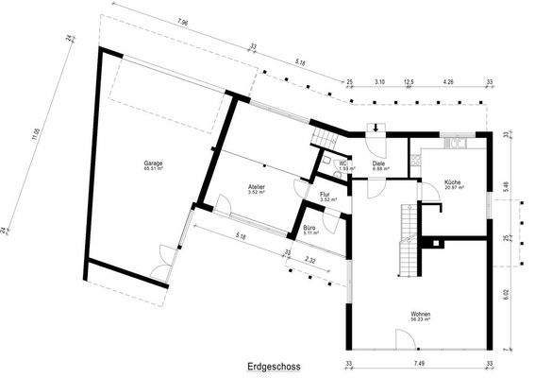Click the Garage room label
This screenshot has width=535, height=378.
coord(153,163)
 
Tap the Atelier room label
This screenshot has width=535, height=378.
coord(257,187)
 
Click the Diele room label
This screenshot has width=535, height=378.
coord(378,163)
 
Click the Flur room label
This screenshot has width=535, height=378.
coord(325,194)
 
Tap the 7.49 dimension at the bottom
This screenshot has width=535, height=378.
coord(419,364)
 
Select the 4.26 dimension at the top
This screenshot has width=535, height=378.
coord(448,82)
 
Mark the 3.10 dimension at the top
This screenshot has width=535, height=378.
coord(379,82)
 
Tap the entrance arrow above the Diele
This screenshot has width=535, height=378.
coord(378,129)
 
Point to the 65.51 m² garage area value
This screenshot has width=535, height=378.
coord(153,169)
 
